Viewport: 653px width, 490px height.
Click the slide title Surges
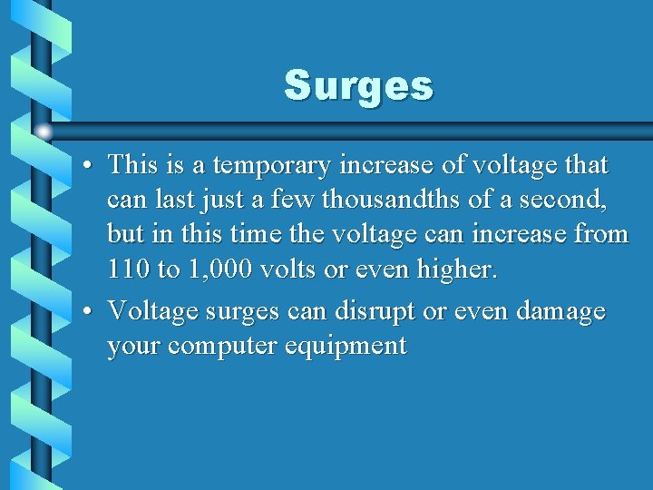pos(359,86)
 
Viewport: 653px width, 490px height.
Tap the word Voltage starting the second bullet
pos(152,311)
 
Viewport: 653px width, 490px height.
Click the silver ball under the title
pos(43,132)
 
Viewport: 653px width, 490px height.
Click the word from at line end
pos(601,234)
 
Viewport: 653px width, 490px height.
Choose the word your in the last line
pos(132,347)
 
